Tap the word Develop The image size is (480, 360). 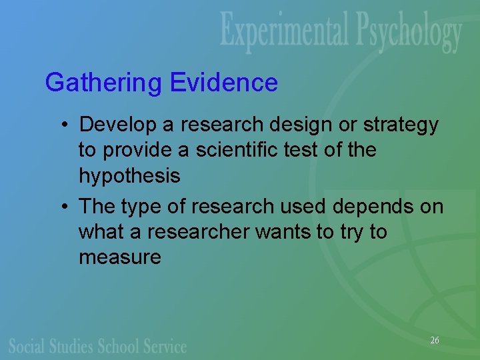[118, 125]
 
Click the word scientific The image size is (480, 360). [235, 150]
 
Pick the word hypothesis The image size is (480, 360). [129, 177]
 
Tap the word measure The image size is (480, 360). [120, 257]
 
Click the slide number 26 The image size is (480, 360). [435, 341]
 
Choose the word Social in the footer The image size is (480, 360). [27, 345]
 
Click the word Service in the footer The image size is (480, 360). [165, 345]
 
